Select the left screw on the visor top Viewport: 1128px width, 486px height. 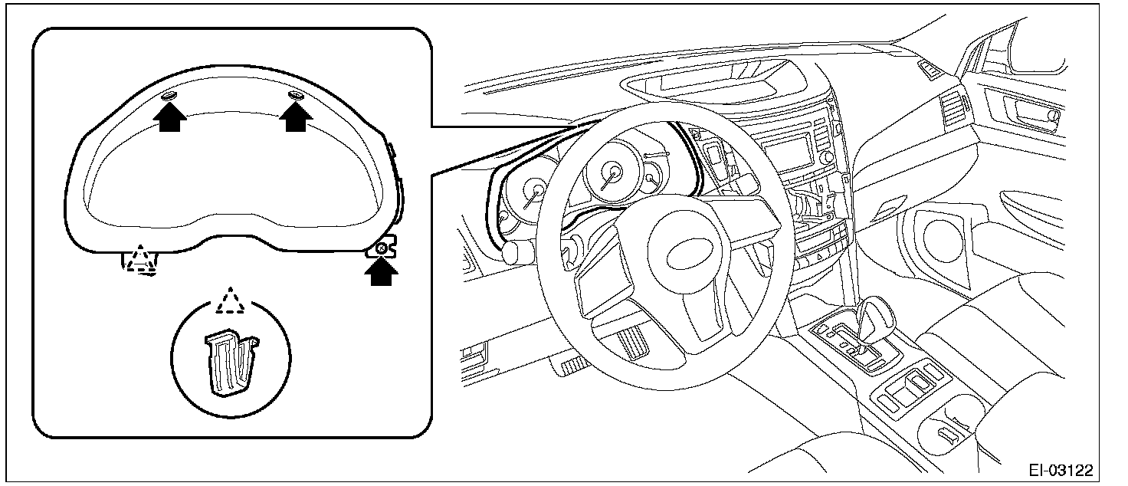click(170, 95)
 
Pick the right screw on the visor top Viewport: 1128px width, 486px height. click(296, 94)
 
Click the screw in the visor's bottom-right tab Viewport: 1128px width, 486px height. click(380, 248)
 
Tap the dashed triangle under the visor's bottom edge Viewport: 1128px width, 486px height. click(141, 258)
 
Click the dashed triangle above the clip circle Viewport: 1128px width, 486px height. click(229, 300)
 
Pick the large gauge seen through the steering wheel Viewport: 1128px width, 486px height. click(611, 172)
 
